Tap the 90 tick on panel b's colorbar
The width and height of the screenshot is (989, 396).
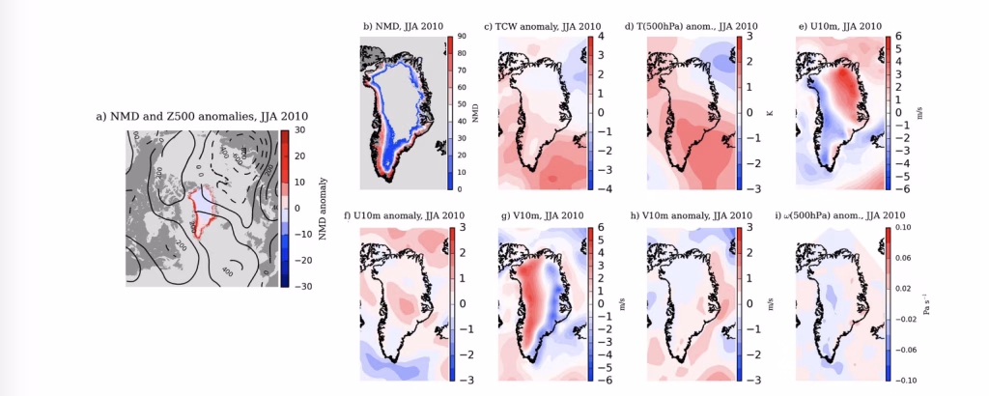click(x=463, y=37)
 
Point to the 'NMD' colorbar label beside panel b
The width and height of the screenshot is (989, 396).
click(x=478, y=112)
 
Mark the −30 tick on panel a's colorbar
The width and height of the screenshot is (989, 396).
click(x=299, y=287)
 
